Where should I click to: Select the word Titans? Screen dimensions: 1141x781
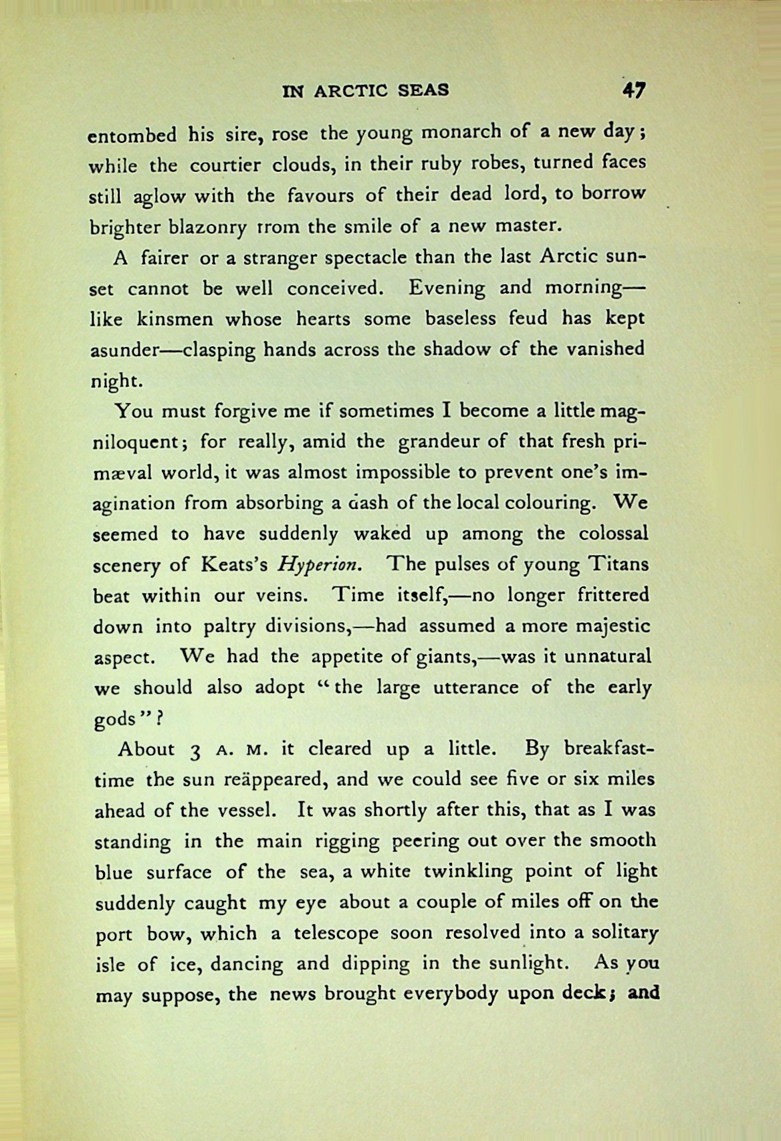click(x=618, y=564)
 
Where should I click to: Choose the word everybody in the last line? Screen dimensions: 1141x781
click(x=449, y=995)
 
